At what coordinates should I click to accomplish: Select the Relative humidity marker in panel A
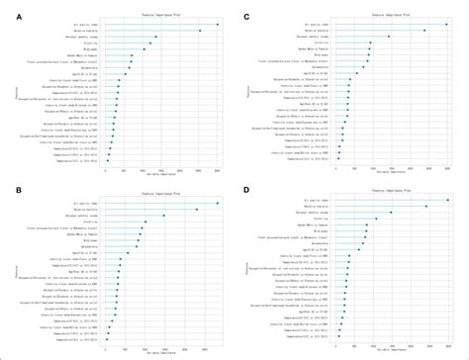[199, 31]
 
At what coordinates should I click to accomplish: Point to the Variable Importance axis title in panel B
[163, 351]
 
